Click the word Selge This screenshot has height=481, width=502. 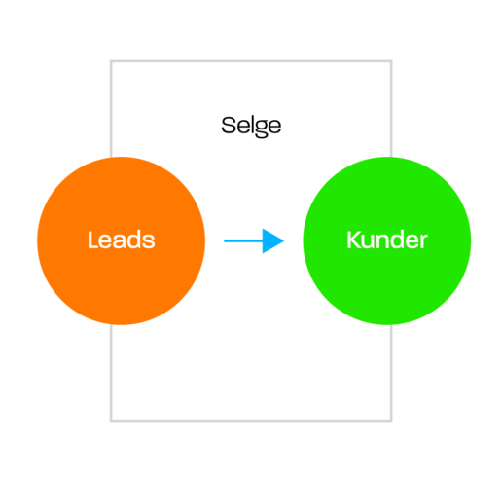click(251, 126)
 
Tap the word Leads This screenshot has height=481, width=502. click(122, 240)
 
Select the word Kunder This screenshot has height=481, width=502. click(387, 240)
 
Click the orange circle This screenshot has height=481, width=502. click(122, 240)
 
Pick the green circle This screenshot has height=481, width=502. click(387, 240)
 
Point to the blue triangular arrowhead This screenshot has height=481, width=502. click(272, 240)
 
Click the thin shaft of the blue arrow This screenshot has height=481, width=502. click(243, 240)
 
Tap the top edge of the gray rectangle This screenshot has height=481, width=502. click(251, 61)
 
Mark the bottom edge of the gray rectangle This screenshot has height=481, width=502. click(251, 421)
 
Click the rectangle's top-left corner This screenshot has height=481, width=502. click(111, 61)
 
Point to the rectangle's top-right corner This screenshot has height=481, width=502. click(391, 61)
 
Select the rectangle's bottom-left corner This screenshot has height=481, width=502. click(111, 421)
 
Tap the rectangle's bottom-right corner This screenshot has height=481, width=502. click(391, 421)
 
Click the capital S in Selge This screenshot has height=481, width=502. click(229, 125)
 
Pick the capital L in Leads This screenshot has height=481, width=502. click(93, 240)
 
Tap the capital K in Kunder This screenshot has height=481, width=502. click(355, 240)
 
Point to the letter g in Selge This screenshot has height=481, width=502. click(259, 129)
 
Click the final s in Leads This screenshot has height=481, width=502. click(149, 241)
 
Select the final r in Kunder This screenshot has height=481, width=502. click(423, 241)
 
